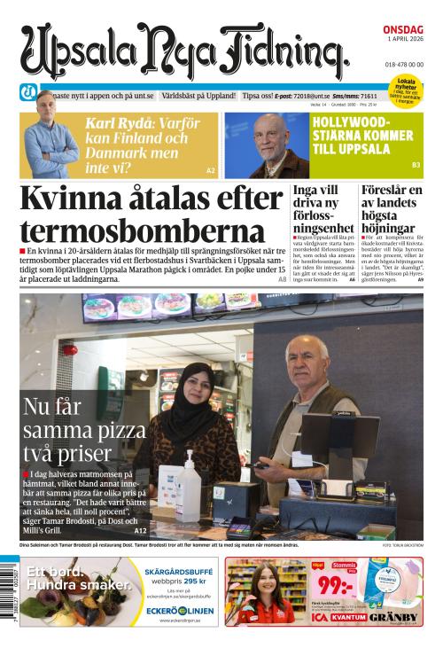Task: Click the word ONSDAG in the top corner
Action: click(403, 28)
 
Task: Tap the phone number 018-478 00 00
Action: click(404, 65)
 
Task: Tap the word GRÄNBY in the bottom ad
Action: click(395, 617)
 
